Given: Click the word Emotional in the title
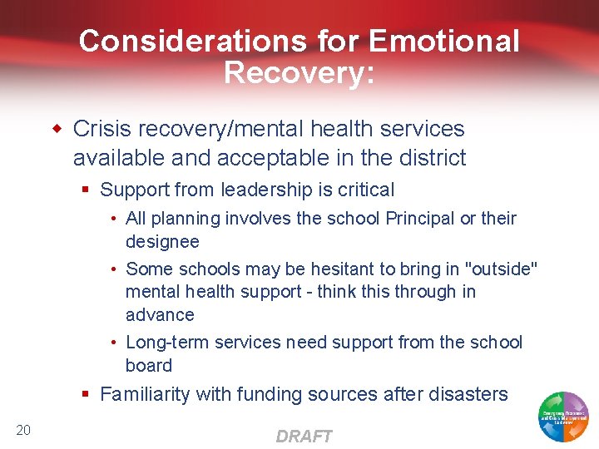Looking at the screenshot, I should (444, 41).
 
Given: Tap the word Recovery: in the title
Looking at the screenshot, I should (299, 72).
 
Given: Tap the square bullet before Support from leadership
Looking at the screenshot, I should (86, 190).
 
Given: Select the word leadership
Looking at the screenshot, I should (278, 190).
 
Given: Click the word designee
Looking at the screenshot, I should (162, 242).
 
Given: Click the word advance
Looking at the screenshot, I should (160, 315).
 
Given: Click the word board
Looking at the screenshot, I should (149, 366).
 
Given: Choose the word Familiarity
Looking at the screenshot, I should (151, 394).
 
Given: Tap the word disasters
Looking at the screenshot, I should (467, 394).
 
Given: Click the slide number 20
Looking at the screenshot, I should (23, 429).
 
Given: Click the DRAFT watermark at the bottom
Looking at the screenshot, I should (304, 437).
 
